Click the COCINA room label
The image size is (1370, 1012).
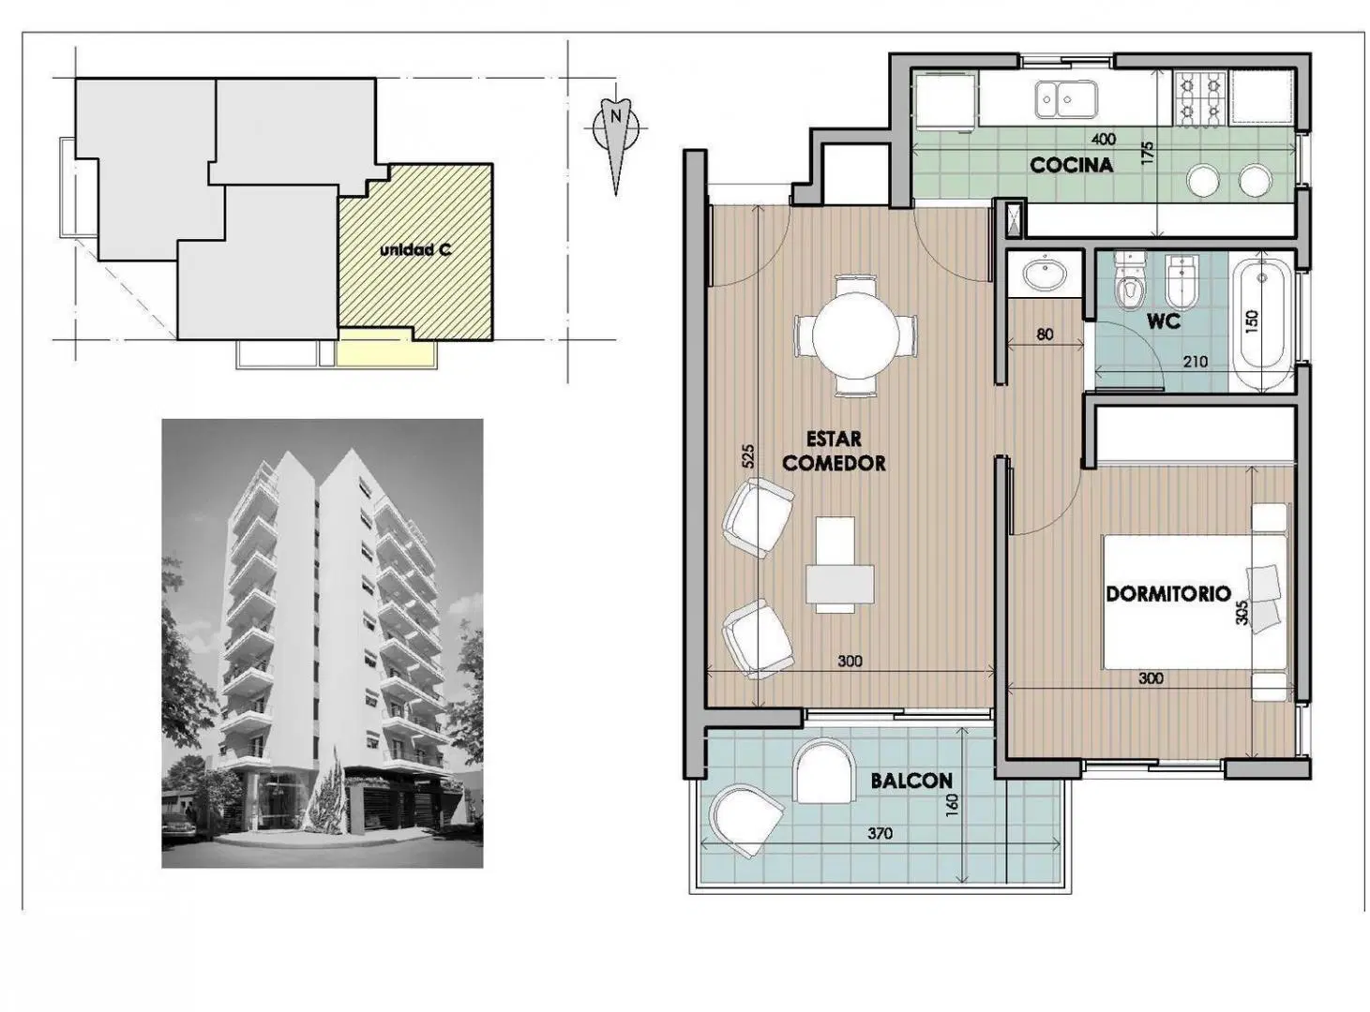tap(1072, 165)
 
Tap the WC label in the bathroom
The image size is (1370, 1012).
tap(1164, 320)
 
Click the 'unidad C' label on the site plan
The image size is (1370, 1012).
tap(415, 250)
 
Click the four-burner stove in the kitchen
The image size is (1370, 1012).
tap(1199, 99)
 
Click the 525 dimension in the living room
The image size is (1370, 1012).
tap(748, 456)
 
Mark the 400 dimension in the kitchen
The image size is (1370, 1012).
tap(1103, 139)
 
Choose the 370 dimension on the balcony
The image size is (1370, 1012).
tap(880, 834)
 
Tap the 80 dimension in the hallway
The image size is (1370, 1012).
tap(1045, 335)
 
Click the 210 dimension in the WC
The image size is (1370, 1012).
tap(1196, 362)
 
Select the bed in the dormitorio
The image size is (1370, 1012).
tap(1196, 602)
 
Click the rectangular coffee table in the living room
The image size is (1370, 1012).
tap(839, 584)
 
